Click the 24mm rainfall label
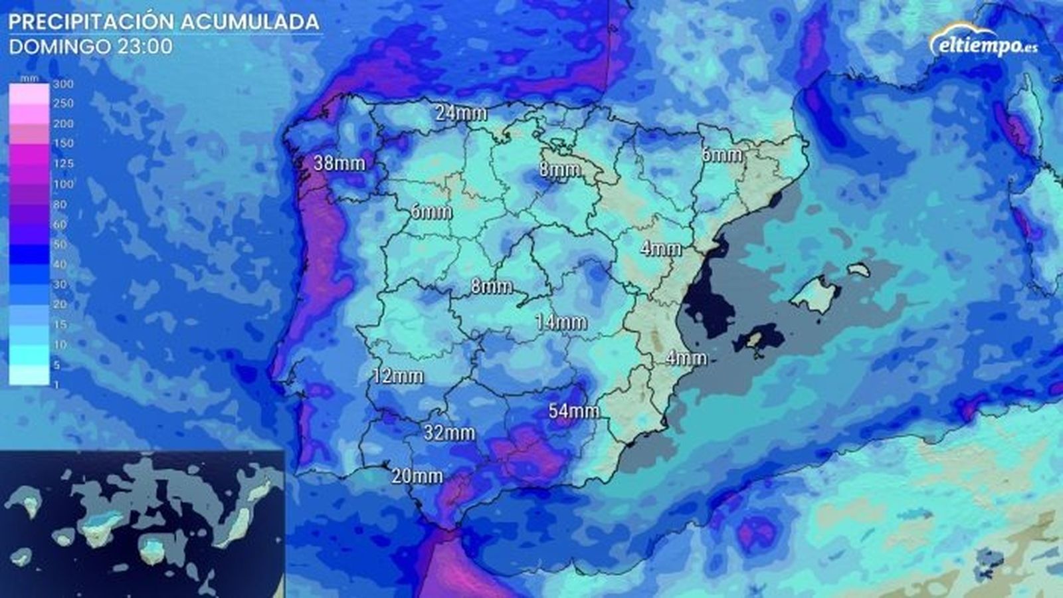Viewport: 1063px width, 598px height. coord(461,113)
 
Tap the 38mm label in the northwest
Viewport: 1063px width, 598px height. coord(339,162)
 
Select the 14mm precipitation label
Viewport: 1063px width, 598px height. coord(561,322)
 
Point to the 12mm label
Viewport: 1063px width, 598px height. coord(398,376)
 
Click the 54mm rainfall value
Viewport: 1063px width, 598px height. coord(573,411)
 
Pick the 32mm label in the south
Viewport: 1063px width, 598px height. coord(450,433)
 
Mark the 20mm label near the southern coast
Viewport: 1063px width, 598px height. coord(417,476)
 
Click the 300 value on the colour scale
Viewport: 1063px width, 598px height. coord(63,84)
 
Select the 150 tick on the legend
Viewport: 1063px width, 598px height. coord(63,144)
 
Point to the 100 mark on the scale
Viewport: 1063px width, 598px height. coord(63,184)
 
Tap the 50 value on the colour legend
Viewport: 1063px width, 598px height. coord(60,245)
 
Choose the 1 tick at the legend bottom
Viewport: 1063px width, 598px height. coord(57,385)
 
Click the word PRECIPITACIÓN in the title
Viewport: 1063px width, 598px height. coord(90,22)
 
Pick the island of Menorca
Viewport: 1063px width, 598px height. coord(859,270)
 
